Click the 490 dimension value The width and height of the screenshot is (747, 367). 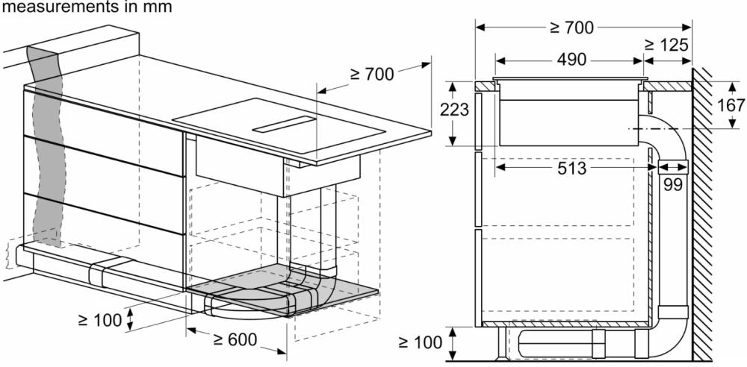click(x=571, y=60)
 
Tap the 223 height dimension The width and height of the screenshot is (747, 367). click(x=454, y=110)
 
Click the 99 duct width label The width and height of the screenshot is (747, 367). click(x=673, y=184)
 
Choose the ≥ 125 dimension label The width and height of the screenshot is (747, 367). click(x=666, y=45)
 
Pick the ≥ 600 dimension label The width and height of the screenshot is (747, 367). click(x=235, y=339)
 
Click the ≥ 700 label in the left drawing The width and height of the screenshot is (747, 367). click(x=372, y=75)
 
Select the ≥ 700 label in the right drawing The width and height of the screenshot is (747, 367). click(x=571, y=28)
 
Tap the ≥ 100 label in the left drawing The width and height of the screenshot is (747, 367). click(x=99, y=320)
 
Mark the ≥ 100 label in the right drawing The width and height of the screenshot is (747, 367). click(x=420, y=342)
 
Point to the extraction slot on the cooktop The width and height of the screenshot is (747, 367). click(x=284, y=124)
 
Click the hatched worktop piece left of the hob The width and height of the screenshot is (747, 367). click(x=485, y=87)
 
